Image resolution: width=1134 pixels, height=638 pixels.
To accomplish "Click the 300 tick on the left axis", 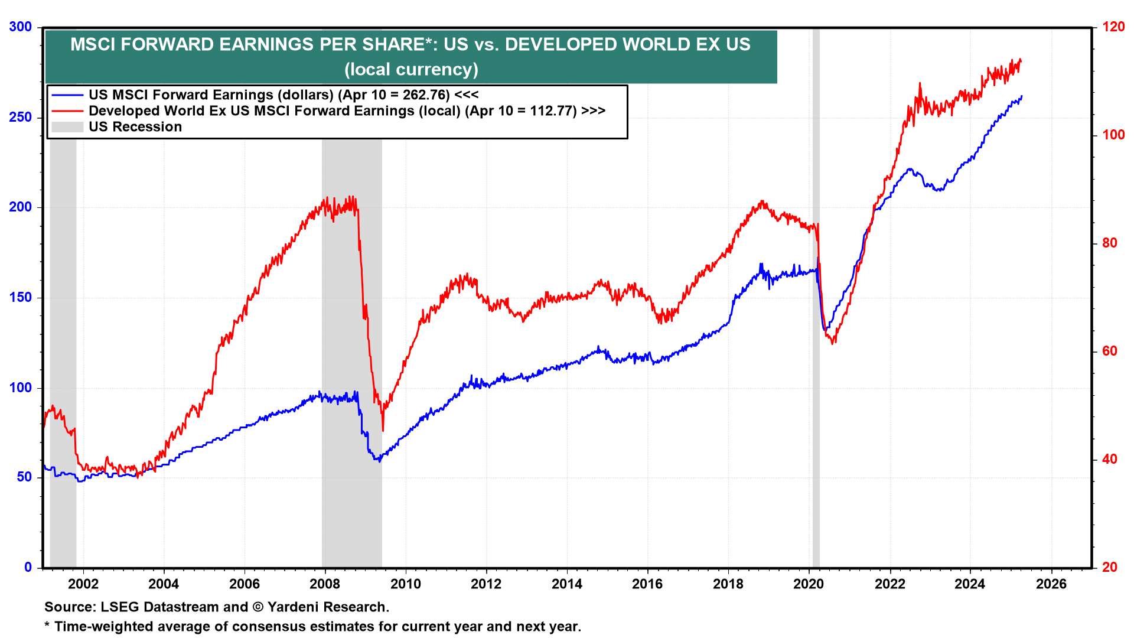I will [21, 27].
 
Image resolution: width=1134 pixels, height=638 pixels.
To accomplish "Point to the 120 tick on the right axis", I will [1113, 27].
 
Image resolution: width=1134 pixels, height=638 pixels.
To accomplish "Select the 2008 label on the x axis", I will [325, 584].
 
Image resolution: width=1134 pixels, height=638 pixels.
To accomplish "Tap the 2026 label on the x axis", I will [1051, 584].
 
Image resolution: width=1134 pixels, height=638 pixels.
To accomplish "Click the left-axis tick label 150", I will [21, 298].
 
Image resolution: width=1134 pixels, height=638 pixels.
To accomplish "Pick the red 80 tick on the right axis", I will [1110, 243].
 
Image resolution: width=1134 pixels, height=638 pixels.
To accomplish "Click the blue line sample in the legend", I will [67, 95].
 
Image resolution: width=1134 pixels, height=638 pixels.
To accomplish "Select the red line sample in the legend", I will [67, 111].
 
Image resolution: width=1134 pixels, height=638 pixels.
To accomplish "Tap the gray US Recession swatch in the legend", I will [67, 127].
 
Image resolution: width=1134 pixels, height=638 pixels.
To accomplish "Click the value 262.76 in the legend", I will [426, 95].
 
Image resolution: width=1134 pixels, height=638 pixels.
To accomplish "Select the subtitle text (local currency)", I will [411, 70].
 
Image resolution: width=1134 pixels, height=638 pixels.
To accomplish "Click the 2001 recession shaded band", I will [63, 295].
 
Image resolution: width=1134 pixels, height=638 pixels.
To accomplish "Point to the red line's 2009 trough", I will [383, 430].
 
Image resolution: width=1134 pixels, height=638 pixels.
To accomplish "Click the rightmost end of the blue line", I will [1022, 96].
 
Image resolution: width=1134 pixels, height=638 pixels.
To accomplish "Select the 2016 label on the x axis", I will [647, 584].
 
